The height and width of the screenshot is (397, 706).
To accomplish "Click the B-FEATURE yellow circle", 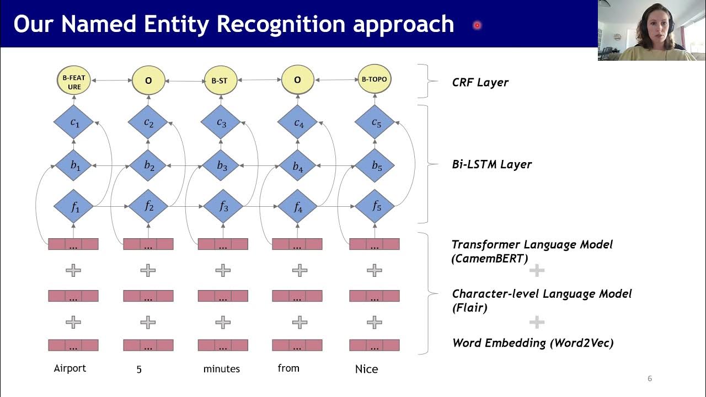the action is pos(74,81).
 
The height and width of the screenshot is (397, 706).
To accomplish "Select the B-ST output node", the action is pos(220,81).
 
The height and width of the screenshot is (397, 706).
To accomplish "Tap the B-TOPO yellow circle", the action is pos(375,79).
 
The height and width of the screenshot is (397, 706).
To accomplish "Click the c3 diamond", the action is pos(221,122).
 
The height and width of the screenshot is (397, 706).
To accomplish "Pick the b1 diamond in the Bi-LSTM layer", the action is pos(73,165).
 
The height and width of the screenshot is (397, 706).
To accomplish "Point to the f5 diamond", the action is pos(375,206).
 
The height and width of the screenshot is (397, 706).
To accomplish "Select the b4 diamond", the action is pos(297,165).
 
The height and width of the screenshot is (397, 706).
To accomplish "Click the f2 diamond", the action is pos(148,206).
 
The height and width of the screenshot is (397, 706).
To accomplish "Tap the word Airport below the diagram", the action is pos(70,368).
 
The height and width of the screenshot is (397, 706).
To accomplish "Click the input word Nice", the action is pos(366,369).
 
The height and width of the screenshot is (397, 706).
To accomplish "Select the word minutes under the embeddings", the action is pos(222,369).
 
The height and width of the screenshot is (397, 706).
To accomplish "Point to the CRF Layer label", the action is pos(480,83).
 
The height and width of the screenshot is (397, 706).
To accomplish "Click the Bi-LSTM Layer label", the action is pos(491,164).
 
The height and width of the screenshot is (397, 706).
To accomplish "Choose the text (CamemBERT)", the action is pos(490,259).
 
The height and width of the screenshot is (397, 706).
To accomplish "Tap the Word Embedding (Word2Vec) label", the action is pos(533,343).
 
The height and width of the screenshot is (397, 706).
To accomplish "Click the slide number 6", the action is pos(650,378).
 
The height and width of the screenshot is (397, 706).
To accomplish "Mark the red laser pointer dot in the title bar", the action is pos(477,25).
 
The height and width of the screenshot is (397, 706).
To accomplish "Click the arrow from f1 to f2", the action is pos(111,206).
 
